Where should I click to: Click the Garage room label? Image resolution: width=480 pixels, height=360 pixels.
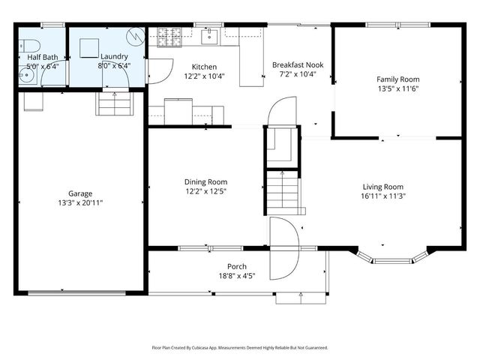coord(80,193)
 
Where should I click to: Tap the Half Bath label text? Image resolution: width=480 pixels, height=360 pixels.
coord(43,56)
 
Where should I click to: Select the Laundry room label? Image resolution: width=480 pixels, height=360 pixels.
coord(114,56)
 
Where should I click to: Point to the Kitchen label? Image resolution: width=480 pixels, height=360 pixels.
coord(204,66)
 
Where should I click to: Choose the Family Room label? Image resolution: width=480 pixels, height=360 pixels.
coord(397,79)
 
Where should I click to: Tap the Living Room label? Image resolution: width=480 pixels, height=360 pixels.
coord(382,187)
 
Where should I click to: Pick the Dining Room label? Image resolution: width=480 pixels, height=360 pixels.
coord(205,182)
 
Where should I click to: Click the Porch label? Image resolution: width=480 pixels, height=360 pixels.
coord(237,266)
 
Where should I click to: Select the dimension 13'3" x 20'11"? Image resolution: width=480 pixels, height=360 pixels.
coord(80,202)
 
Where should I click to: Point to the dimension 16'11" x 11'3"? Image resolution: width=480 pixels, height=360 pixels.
coord(382,196)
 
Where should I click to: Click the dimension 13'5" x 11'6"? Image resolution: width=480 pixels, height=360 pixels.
coord(397,88)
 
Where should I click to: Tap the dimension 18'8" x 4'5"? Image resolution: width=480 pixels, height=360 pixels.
coord(237,275)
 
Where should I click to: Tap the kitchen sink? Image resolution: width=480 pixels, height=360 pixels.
coord(211,34)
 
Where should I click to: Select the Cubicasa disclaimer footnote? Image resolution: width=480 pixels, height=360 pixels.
coord(240,348)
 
